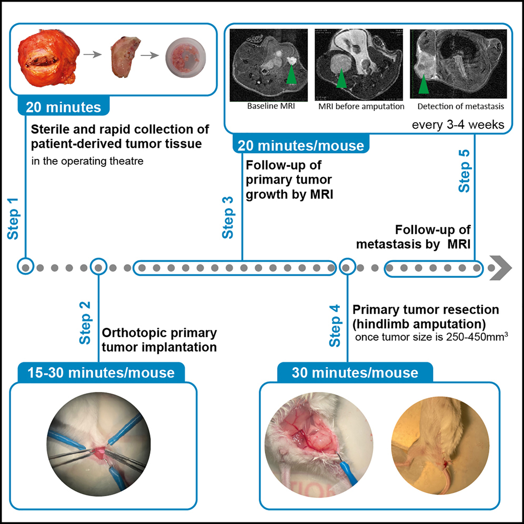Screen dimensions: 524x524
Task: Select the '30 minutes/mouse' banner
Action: (355, 373)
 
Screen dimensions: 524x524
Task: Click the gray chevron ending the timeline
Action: (502, 267)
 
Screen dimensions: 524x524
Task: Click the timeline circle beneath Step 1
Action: (25, 267)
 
